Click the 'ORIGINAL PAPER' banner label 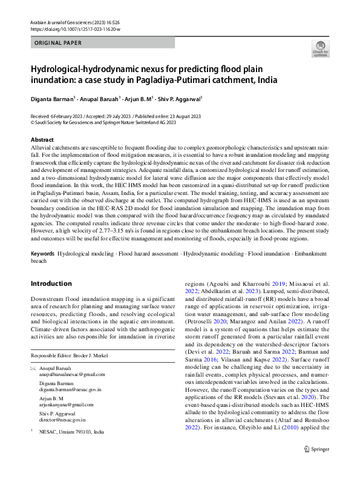click(x=57, y=43)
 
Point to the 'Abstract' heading click(x=42, y=140)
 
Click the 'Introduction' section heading click(x=51, y=283)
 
